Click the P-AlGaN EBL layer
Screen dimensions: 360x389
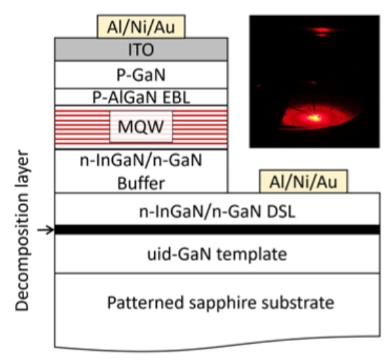pyautogui.click(x=141, y=97)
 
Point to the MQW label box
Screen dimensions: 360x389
pyautogui.click(x=141, y=127)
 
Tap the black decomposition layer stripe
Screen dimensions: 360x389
pyautogui.click(x=217, y=229)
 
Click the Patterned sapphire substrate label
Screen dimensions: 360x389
pyautogui.click(x=217, y=305)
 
